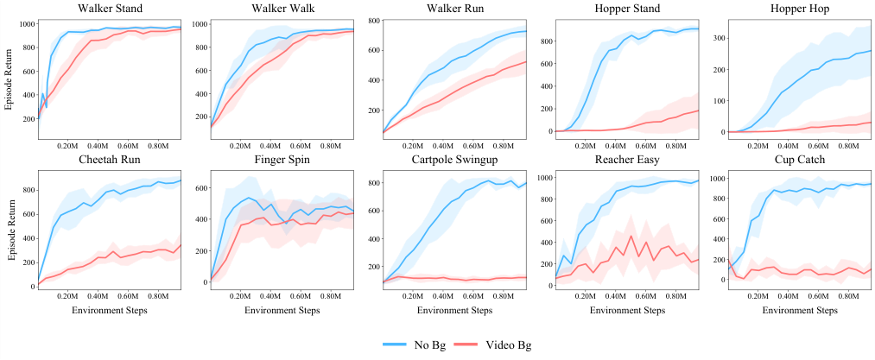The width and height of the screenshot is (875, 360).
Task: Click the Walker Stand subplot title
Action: pos(110,9)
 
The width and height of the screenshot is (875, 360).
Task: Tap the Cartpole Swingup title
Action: pos(455,161)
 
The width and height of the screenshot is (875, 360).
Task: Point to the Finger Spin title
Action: pos(282,161)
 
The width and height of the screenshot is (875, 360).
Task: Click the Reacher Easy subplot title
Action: pos(628,161)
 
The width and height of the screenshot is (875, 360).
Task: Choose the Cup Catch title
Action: pos(801,161)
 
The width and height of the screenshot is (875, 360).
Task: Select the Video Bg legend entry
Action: pos(502,344)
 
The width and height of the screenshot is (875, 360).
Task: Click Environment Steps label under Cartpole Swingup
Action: pos(455,308)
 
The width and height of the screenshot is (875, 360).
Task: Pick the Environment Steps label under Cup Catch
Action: pos(801,308)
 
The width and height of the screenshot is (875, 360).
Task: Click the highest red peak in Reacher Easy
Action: pos(631,236)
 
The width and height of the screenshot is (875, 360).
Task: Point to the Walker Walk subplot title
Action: pos(282,9)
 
